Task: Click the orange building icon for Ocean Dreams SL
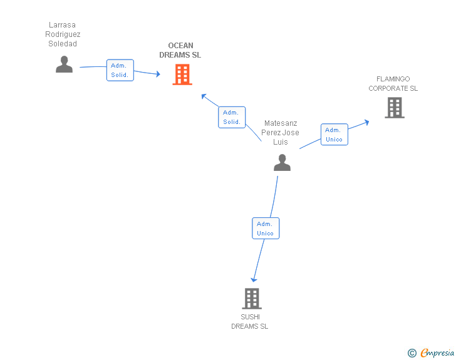[x=182, y=75]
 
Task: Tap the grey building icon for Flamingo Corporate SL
[x=394, y=108]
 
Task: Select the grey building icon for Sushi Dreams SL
[x=251, y=299]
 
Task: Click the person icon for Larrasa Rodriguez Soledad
[x=64, y=64]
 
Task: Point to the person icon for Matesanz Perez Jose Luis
[x=282, y=163]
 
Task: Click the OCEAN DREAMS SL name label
[x=180, y=50]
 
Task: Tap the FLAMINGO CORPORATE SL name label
[x=393, y=84]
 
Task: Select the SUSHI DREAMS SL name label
[x=249, y=321]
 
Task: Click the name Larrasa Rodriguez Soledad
[x=63, y=34]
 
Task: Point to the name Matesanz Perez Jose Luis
[x=281, y=132]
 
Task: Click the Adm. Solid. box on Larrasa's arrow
[x=120, y=70]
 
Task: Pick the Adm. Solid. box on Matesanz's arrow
[x=232, y=117]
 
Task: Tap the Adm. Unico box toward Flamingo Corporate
[x=334, y=135]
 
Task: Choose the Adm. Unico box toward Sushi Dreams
[x=265, y=228]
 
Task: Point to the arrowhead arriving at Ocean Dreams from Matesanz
[x=204, y=96]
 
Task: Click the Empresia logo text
[x=437, y=352]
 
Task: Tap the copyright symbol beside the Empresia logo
[x=412, y=353]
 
